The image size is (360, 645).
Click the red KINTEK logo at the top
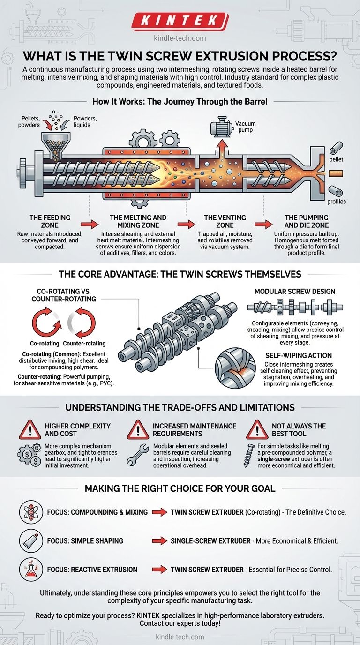pos(180,21)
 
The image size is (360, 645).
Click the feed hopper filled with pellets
pos(56,145)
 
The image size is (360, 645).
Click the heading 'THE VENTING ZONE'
pos(225,221)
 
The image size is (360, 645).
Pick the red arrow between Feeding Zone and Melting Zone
pos(89,225)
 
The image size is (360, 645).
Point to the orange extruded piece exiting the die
pos(336,173)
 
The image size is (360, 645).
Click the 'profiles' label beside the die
pos(337,202)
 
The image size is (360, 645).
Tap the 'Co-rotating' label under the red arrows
pos(45,344)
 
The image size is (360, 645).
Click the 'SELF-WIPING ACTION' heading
pos(299,355)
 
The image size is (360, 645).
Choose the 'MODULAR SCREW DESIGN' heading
pos(295,292)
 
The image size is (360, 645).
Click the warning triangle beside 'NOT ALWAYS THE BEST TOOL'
pos(257,429)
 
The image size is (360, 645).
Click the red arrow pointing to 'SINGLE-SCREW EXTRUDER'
pos(159,541)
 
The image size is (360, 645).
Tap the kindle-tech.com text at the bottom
pos(180,637)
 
